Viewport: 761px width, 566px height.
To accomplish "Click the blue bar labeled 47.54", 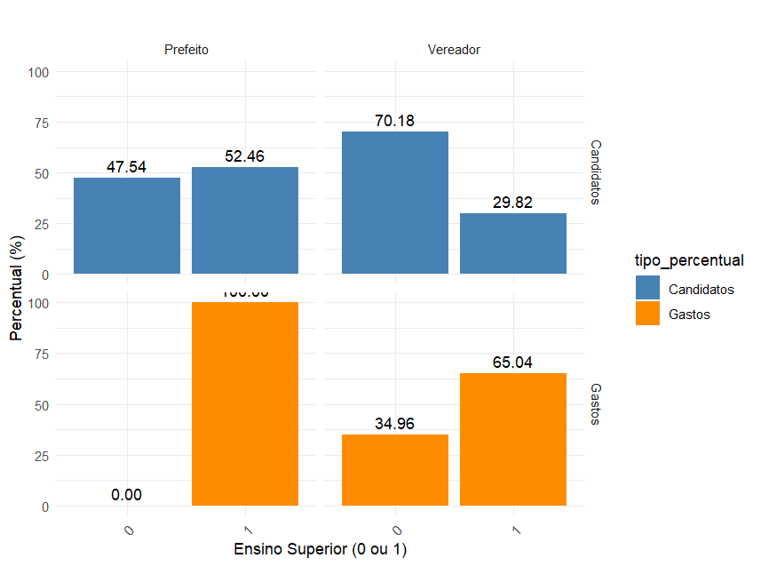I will click(x=127, y=226).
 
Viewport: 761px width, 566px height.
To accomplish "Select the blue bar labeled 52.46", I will click(x=245, y=220).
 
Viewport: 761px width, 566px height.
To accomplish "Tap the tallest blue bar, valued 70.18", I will click(x=395, y=203).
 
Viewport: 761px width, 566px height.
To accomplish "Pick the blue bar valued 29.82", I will click(x=513, y=243).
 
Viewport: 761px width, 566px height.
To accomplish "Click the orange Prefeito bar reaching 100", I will click(x=245, y=404).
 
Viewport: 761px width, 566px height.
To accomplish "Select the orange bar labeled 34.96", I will click(x=395, y=470).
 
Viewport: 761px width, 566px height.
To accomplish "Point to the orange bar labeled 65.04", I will click(x=513, y=440).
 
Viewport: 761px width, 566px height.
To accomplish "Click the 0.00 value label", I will click(x=127, y=495).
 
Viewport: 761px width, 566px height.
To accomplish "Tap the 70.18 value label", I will click(x=395, y=121).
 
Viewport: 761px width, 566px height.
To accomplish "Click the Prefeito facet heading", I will click(x=186, y=50).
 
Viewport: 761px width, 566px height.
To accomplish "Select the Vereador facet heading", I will click(x=454, y=50).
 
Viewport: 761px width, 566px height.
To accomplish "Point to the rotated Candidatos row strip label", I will click(x=596, y=171).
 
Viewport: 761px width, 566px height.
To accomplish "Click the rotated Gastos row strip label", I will click(x=596, y=403).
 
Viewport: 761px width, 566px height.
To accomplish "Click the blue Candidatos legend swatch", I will click(x=647, y=289).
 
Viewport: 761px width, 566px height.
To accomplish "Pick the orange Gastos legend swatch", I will click(x=647, y=314).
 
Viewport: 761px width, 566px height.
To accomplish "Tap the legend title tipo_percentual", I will click(x=688, y=260).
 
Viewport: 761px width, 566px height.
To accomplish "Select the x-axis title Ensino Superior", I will click(x=320, y=549).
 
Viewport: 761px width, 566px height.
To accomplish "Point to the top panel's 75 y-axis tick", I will click(x=41, y=123).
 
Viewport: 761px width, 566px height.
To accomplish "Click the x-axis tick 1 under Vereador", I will click(x=516, y=530).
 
